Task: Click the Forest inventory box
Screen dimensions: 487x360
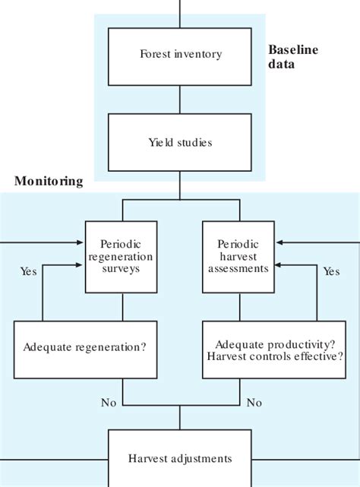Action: [179, 54]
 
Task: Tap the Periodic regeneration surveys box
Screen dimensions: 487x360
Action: [122, 257]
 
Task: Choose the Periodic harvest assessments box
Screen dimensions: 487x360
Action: [238, 257]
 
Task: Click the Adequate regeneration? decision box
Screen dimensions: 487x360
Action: [85, 348]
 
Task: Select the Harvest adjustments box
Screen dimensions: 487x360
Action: [179, 458]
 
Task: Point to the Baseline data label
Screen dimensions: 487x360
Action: [293, 56]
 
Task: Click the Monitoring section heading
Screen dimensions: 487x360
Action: [48, 182]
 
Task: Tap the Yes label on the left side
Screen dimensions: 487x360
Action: [29, 270]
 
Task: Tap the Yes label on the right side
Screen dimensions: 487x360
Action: [331, 271]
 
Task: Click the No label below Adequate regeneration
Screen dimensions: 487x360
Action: [109, 402]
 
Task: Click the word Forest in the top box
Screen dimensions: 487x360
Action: [155, 54]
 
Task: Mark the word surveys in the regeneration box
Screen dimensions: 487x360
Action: [122, 268]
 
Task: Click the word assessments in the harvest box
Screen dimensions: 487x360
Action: [238, 268]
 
